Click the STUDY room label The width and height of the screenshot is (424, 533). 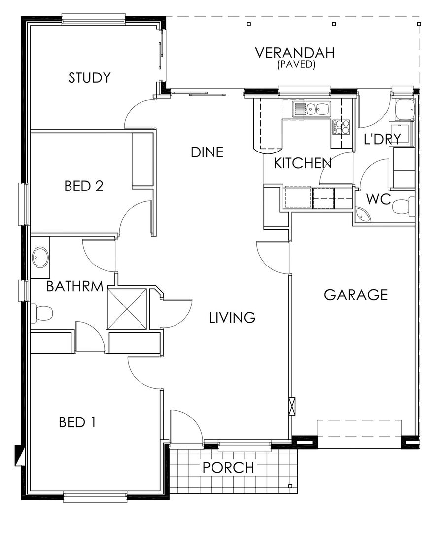89,78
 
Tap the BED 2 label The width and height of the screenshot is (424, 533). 84,186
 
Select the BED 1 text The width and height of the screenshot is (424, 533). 77,422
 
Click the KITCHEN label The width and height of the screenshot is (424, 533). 302,163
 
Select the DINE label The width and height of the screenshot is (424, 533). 207,152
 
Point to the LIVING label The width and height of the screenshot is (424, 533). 232,318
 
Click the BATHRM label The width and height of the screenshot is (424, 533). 75,287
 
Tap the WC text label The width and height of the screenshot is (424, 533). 379,200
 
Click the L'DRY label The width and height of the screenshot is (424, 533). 383,139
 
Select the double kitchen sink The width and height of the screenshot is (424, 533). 312,109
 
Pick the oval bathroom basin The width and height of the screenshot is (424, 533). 40,258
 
